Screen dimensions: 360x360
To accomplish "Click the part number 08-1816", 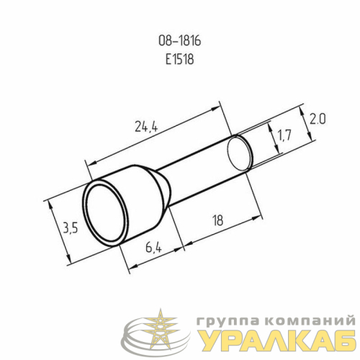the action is pos(179,41).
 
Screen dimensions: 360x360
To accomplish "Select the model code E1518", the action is pos(179,59).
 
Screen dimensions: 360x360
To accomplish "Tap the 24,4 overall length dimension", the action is pos(146,126).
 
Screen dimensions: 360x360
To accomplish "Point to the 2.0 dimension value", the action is pos(318,120).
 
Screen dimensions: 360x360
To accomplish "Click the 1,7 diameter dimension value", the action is pos(284,135).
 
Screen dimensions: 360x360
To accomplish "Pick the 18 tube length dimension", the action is pos(218,220).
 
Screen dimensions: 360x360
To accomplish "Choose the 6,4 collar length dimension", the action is pos(153,248).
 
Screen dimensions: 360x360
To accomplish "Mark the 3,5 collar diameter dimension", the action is pos(71,228).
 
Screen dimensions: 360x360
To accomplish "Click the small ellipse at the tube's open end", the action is pos(239,153).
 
